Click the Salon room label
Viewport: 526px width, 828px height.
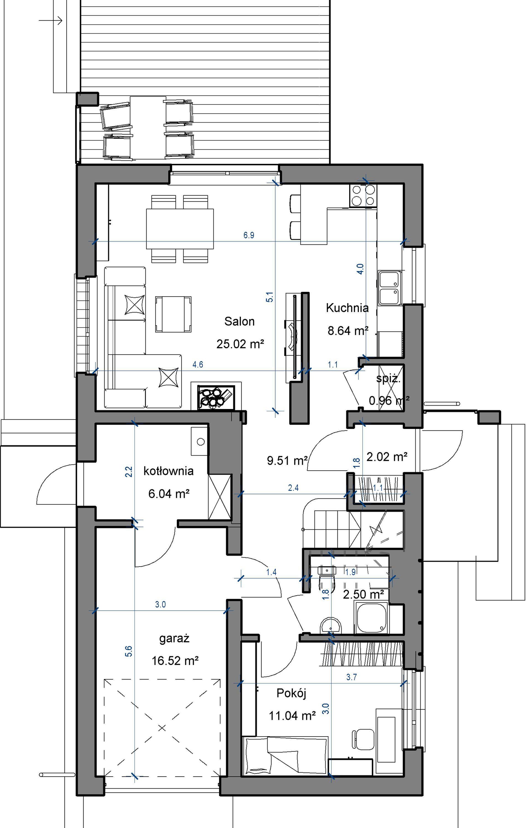(x=240, y=321)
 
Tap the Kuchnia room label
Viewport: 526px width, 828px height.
(x=347, y=308)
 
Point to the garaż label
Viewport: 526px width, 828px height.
(x=174, y=638)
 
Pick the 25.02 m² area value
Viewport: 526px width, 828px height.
(x=240, y=344)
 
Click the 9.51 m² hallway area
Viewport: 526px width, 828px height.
(x=287, y=460)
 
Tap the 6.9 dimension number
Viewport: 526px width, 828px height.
(x=249, y=235)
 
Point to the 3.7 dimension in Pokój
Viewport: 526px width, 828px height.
(x=351, y=677)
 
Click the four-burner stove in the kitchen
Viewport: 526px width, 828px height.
(x=363, y=196)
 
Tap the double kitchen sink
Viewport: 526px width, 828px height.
(x=390, y=288)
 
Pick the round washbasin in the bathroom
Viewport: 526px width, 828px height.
(x=330, y=625)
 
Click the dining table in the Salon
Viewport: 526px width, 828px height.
(x=180, y=229)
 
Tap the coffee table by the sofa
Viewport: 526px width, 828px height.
(x=173, y=314)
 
